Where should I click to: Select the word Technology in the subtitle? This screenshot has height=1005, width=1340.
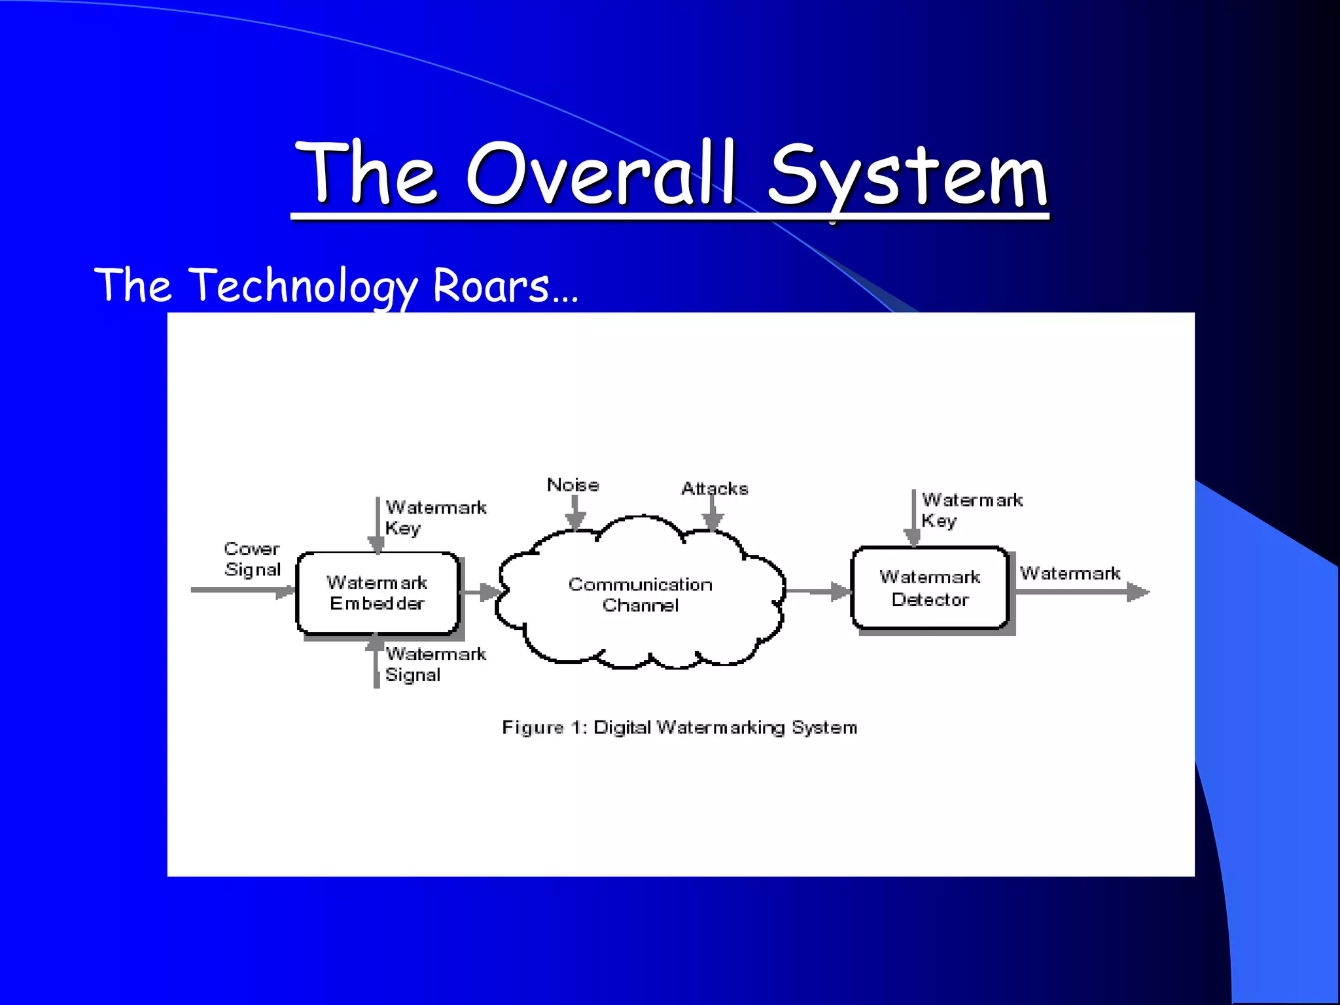tap(304, 286)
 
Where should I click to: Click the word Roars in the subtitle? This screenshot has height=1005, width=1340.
tap(491, 286)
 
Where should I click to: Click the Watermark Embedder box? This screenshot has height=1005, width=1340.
tap(378, 593)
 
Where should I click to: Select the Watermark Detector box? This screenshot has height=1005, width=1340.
tap(930, 588)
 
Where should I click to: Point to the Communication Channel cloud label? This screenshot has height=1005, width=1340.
tap(640, 594)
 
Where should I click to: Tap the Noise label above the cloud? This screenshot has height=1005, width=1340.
tap(573, 485)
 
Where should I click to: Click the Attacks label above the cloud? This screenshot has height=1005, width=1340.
tap(714, 488)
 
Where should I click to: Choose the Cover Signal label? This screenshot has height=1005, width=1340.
tap(252, 559)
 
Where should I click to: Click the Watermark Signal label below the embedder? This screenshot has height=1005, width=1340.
tap(434, 664)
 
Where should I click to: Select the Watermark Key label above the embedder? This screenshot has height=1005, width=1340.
tap(434, 517)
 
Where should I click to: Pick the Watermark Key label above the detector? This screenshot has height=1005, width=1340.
tap(971, 510)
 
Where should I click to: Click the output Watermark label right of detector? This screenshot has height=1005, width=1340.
tap(1070, 573)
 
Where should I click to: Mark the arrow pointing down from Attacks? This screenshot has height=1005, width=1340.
tap(712, 513)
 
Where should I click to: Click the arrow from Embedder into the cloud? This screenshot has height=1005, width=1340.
tap(481, 592)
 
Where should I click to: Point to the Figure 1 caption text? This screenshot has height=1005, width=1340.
tap(679, 728)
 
